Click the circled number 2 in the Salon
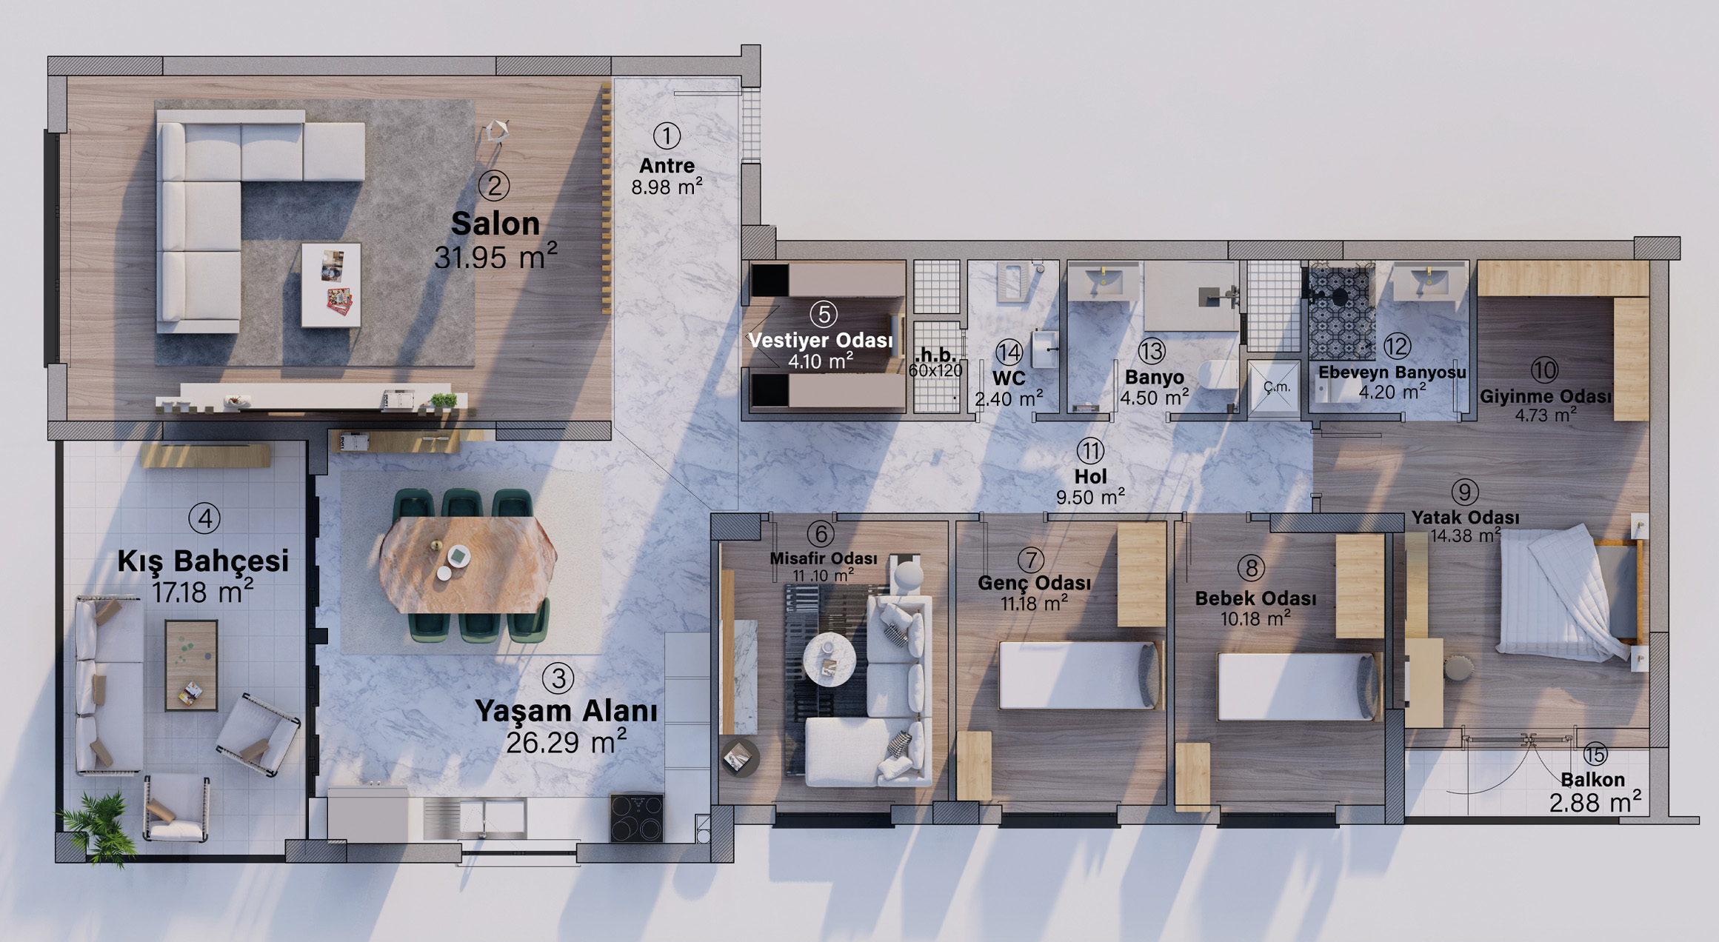pos(494,185)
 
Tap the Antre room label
pos(667,165)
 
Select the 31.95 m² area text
pos(495,257)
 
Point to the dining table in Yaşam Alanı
pos(467,565)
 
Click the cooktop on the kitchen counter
pos(636,818)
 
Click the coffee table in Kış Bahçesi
pos(191,665)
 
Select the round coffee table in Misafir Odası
pos(830,658)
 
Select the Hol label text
pos(1090,476)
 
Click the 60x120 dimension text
pos(936,370)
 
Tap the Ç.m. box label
pos(1277,387)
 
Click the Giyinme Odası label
pos(1545,396)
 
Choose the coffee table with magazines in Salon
pos(331,284)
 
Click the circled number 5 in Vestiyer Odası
pos(823,314)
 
